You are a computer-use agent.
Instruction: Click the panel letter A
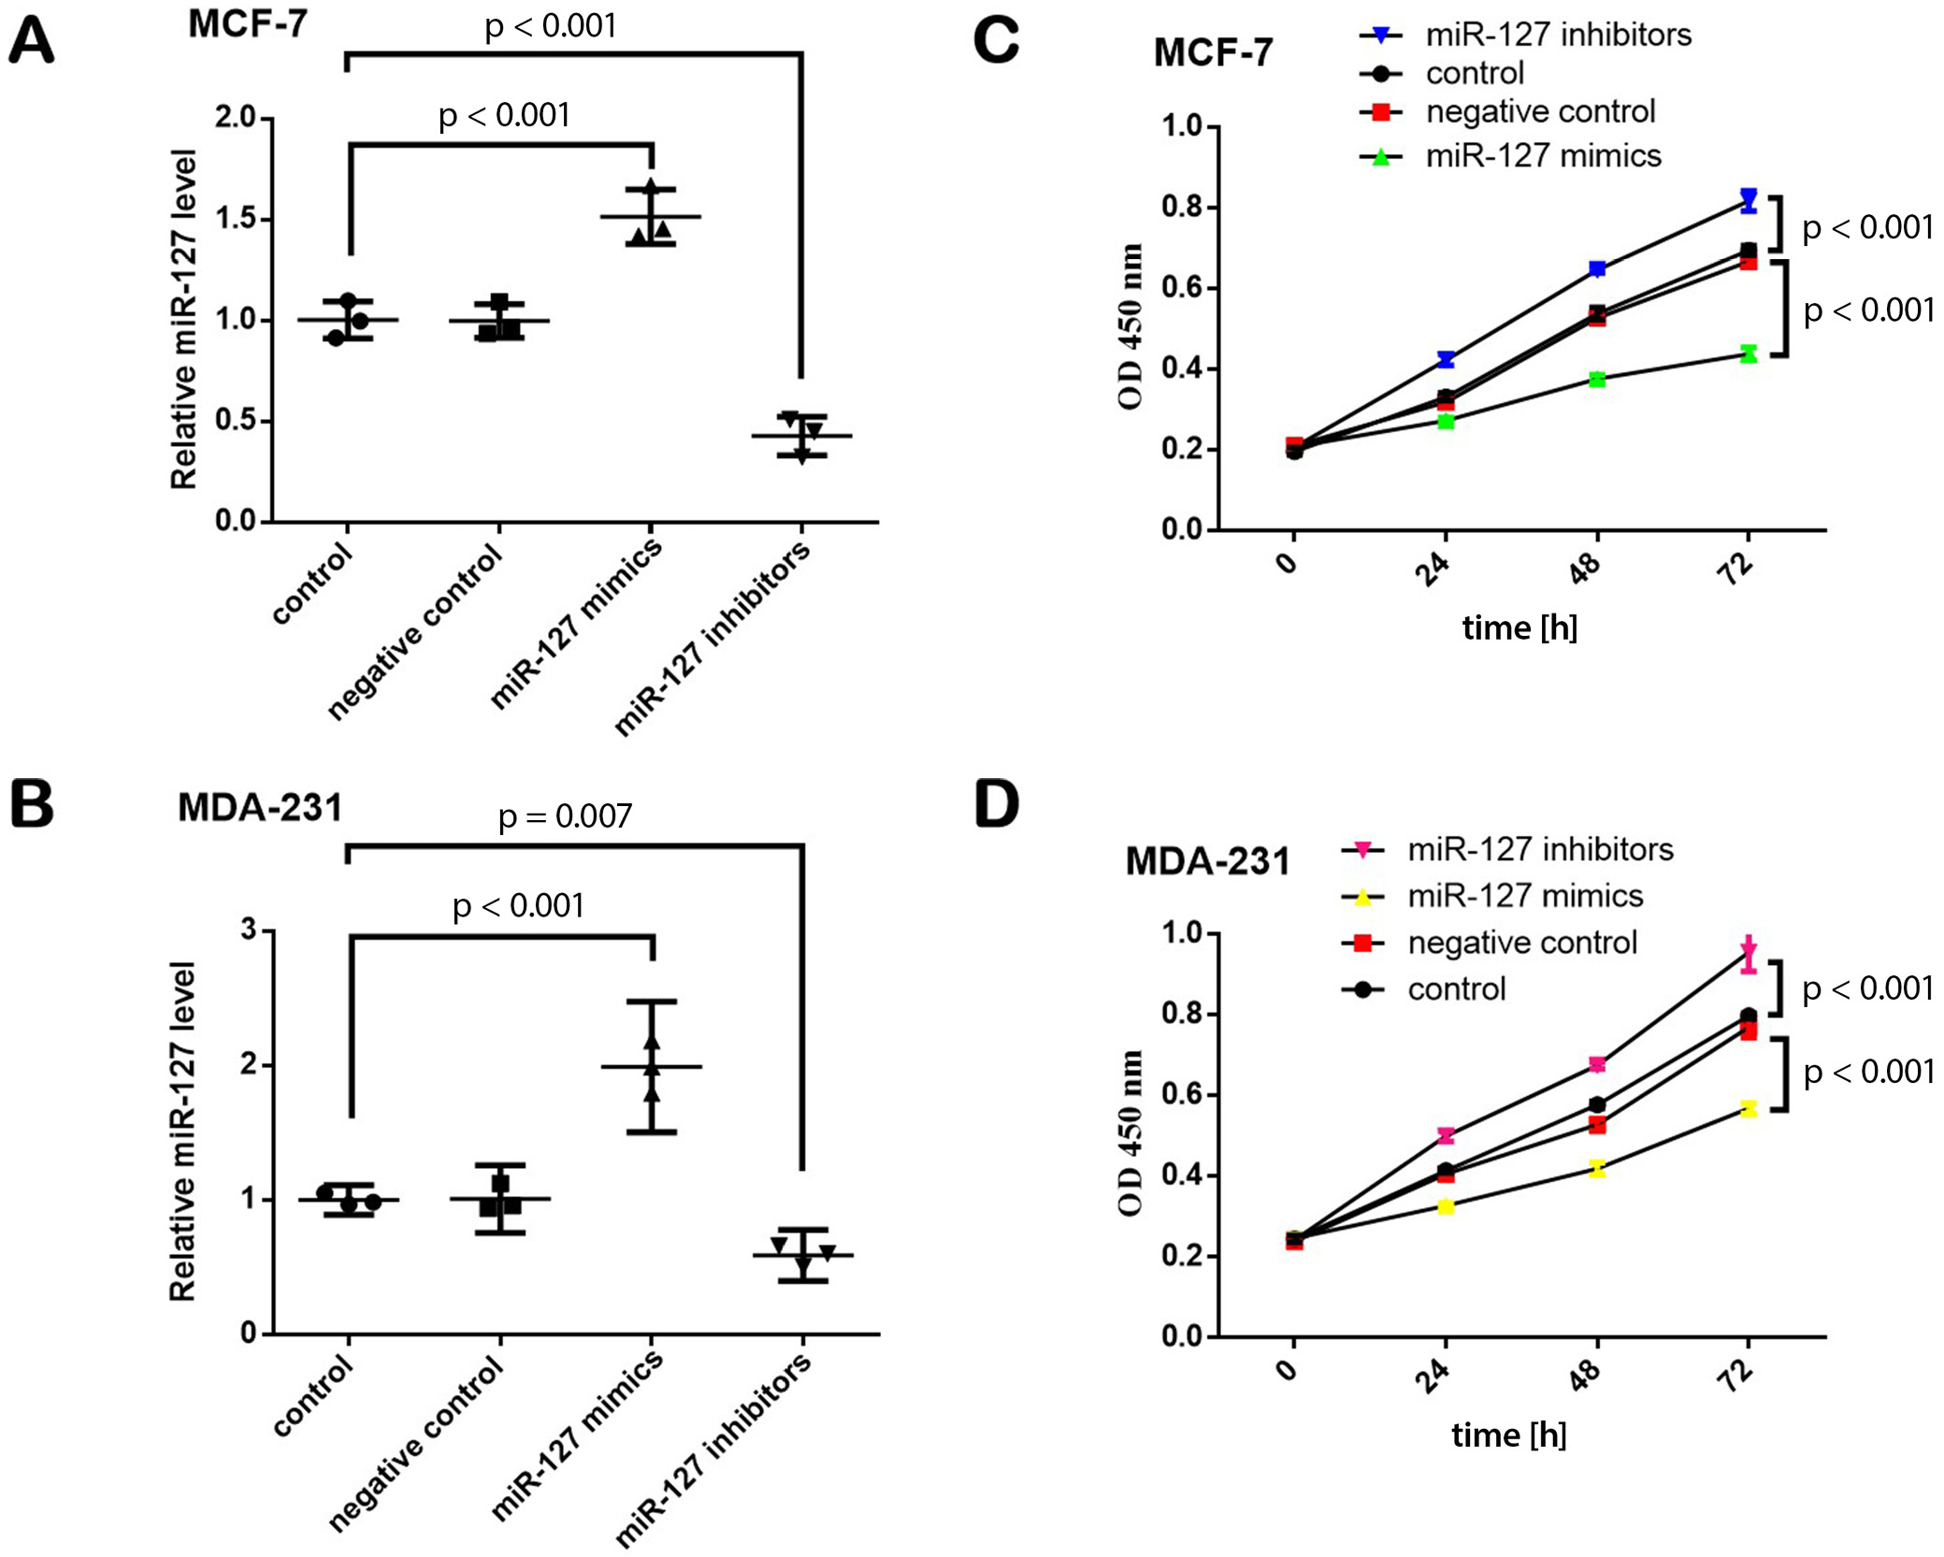(32, 42)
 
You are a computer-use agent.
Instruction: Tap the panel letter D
(997, 804)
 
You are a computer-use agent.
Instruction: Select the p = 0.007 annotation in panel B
(565, 816)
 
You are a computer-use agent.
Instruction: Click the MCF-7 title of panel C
(1213, 52)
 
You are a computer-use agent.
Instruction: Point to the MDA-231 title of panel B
(260, 808)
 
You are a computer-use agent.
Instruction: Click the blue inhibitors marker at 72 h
(1748, 199)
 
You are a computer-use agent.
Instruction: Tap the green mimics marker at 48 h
(1597, 379)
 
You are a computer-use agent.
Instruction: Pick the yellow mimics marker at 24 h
(1446, 1206)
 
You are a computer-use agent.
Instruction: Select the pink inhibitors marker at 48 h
(1597, 1064)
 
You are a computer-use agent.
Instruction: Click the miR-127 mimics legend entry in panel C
(1543, 156)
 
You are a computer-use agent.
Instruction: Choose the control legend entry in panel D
(1456, 988)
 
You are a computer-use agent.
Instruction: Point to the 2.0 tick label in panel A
(235, 118)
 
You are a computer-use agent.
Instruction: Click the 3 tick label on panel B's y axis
(249, 930)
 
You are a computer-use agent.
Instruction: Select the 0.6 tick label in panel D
(1181, 1095)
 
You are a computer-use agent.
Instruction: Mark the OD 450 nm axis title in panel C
(1130, 326)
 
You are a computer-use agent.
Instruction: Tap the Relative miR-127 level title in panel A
(184, 319)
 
